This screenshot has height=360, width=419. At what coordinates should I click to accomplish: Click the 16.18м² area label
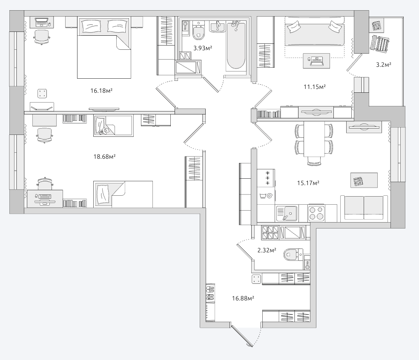101,91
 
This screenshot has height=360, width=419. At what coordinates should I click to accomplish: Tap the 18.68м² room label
104,157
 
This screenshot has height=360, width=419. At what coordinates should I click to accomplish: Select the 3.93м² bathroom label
203,48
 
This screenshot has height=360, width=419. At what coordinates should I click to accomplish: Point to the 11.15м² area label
315,87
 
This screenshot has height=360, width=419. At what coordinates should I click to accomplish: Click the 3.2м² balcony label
384,65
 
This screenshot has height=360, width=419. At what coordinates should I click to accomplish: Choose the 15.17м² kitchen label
308,183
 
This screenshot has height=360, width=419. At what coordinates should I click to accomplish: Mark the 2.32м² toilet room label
267,251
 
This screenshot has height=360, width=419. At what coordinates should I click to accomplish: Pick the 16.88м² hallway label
243,298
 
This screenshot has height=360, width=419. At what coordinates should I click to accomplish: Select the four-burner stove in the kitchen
316,213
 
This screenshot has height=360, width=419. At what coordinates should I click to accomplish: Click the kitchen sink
287,213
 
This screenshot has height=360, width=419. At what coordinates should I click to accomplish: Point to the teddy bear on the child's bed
103,131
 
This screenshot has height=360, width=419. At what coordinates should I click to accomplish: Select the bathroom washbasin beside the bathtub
218,26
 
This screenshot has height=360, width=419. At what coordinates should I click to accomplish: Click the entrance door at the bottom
242,335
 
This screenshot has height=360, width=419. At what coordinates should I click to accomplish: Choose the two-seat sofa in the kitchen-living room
364,209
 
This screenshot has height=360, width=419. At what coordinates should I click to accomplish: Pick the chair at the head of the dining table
314,161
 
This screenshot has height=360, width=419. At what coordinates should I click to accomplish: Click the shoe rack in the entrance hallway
211,302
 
